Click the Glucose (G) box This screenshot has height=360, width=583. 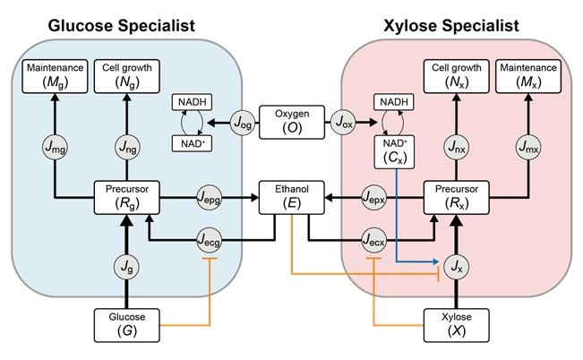pos(128,324)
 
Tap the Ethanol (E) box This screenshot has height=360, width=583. pos(290,197)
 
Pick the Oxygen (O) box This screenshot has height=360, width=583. pos(291,123)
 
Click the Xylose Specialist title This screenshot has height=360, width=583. pos(460,25)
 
